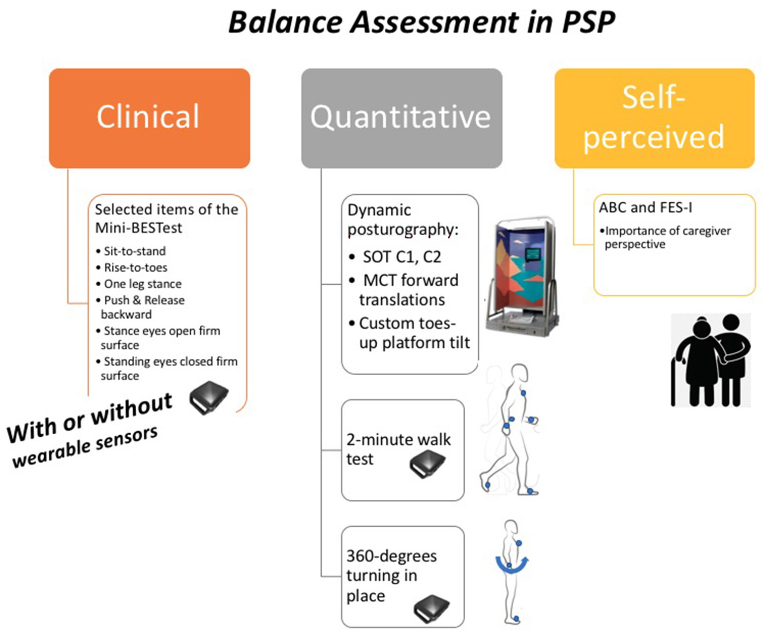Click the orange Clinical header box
[149, 118]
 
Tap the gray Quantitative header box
[401, 118]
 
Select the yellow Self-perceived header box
[654, 118]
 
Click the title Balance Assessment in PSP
[422, 22]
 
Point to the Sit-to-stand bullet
[134, 251]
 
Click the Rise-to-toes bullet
[135, 267]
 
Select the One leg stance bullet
[142, 284]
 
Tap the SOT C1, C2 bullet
[401, 257]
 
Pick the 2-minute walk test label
[398, 449]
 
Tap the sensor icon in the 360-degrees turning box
[431, 608]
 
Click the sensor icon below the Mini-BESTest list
[209, 397]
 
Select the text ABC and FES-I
[645, 207]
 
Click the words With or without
[89, 417]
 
